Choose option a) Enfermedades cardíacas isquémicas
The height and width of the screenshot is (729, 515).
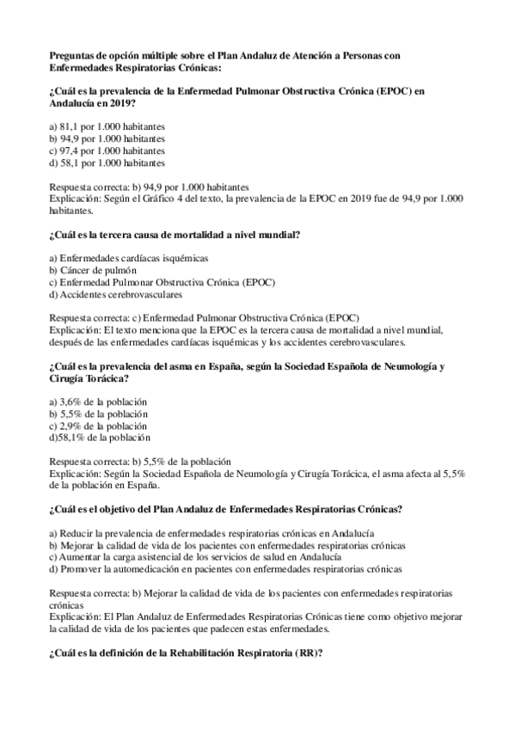point(129,258)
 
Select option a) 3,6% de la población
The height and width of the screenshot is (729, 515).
point(99,401)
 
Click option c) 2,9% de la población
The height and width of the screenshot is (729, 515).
point(99,426)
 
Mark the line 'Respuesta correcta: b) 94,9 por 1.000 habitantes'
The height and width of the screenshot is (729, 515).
point(150,186)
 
